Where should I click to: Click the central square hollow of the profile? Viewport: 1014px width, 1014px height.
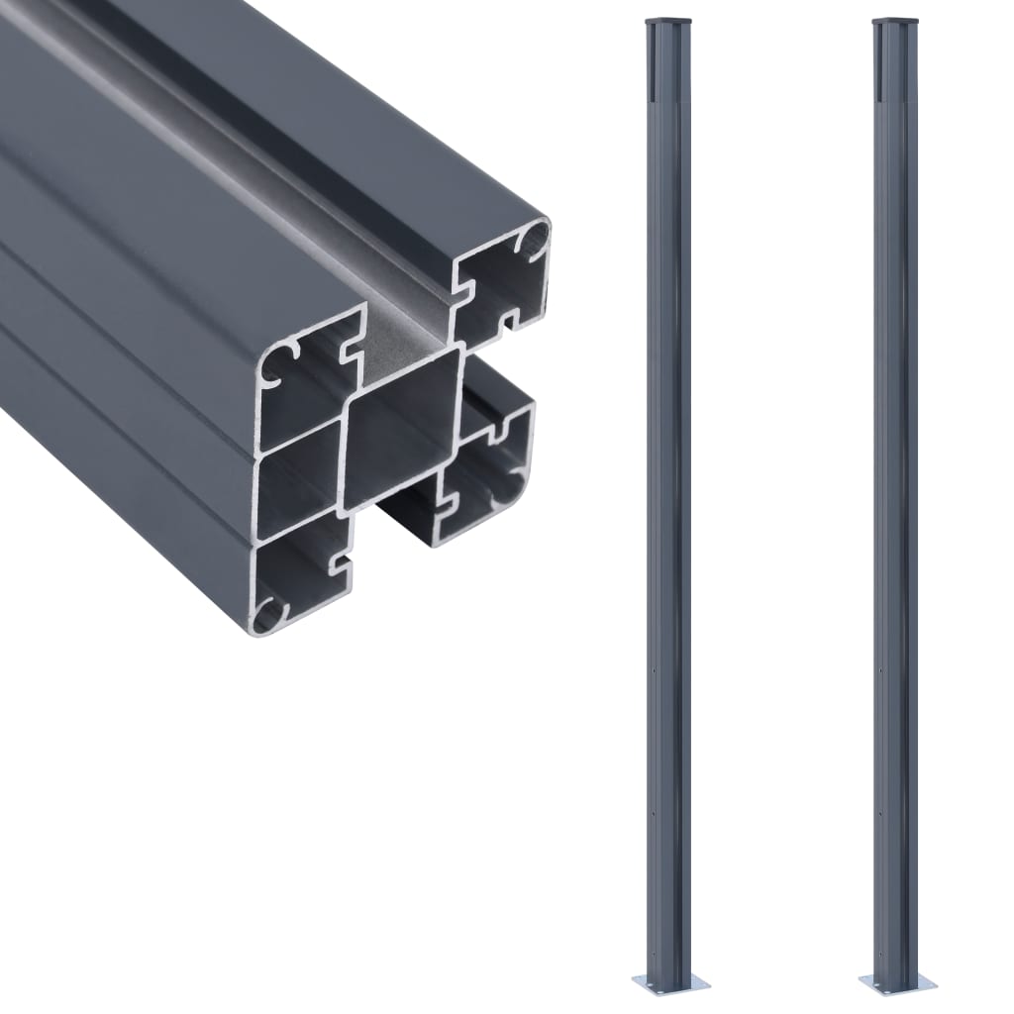402,432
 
